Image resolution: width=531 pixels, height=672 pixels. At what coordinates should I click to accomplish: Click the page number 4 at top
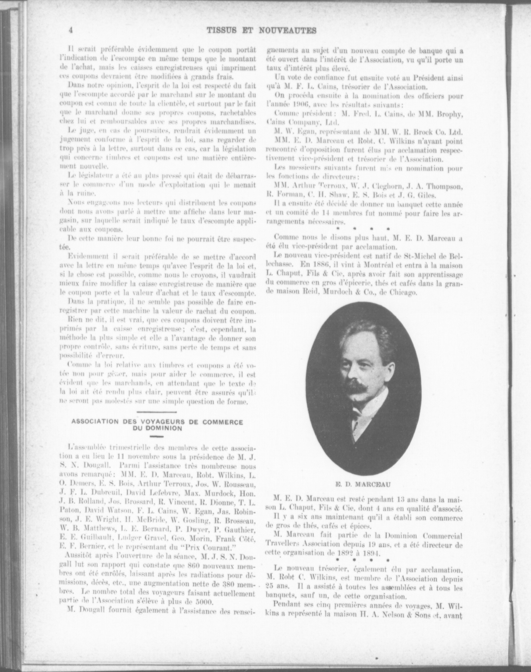71,30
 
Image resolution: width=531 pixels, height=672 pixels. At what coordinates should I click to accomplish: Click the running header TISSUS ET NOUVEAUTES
261,30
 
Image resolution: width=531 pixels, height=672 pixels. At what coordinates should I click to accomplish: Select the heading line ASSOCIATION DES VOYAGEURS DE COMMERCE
157,422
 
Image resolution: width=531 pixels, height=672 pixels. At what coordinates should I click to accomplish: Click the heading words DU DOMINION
157,428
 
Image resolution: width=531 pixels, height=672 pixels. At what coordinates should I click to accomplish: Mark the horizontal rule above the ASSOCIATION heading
157,413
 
